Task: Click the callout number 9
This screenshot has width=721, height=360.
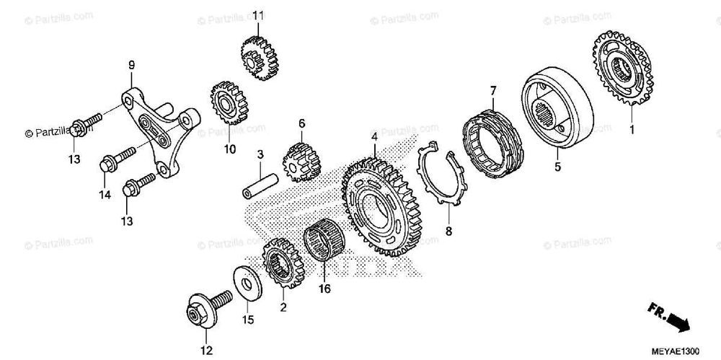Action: [x=131, y=66]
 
